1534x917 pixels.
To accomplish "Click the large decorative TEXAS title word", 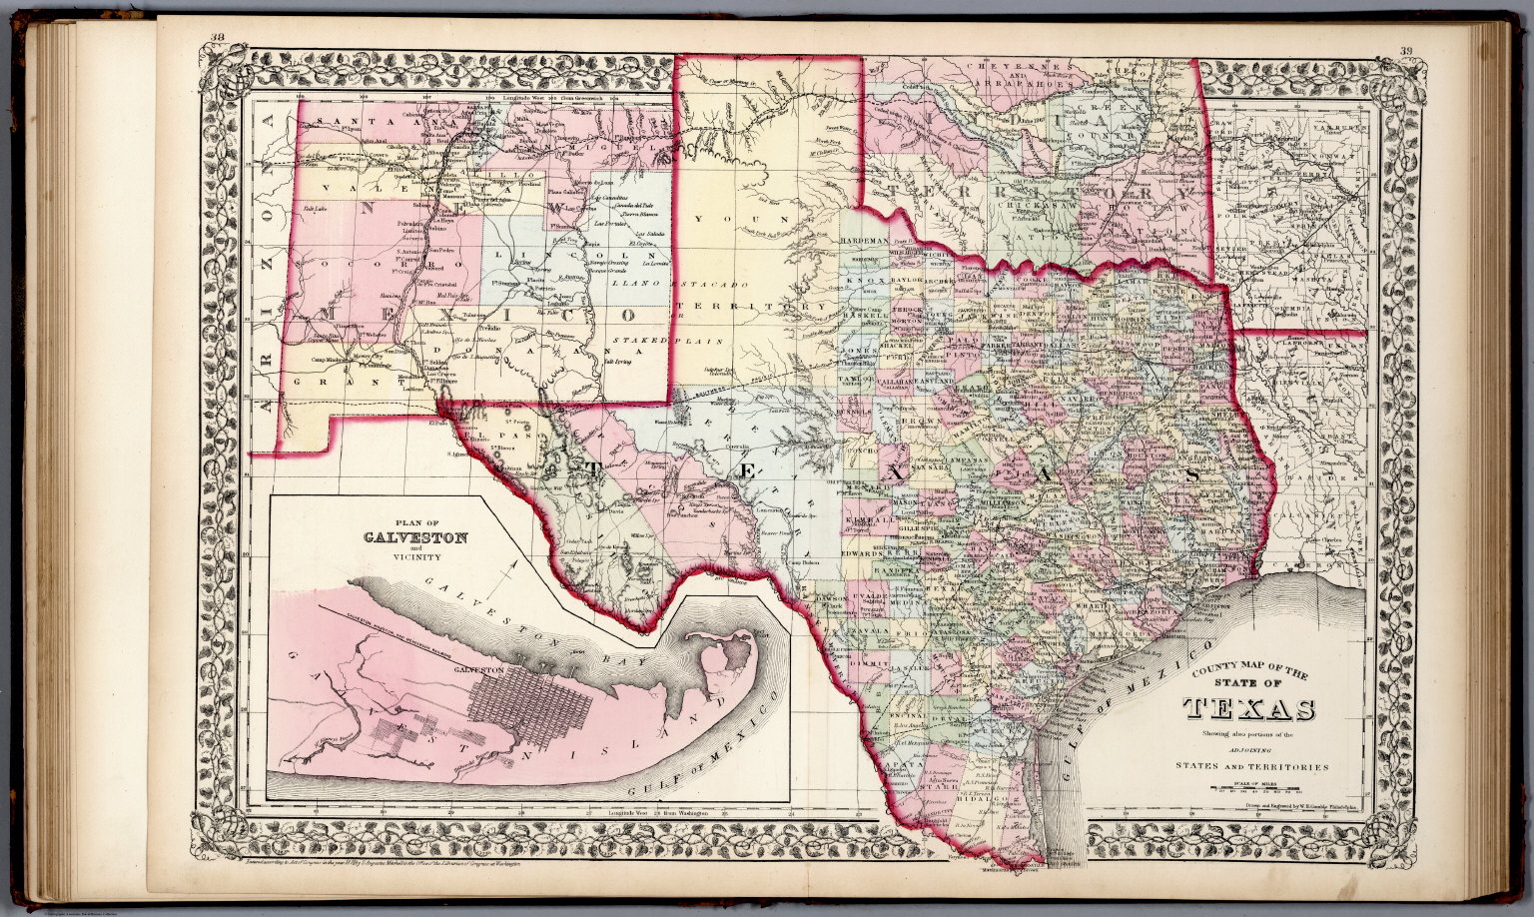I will [x=1248, y=709].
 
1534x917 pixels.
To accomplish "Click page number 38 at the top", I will [x=217, y=40].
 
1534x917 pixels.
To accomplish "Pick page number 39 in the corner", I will [x=1407, y=51].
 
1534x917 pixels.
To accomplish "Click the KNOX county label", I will [x=861, y=282].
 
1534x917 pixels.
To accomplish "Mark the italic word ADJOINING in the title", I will [x=1248, y=748].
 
